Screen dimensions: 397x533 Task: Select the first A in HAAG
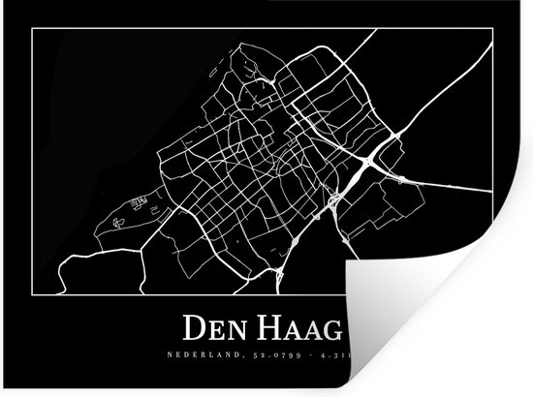[x=296, y=330]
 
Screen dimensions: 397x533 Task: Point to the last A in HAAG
[x=313, y=330]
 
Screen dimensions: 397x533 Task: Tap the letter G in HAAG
[x=331, y=330]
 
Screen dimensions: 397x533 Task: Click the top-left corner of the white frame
[x=32, y=29]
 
